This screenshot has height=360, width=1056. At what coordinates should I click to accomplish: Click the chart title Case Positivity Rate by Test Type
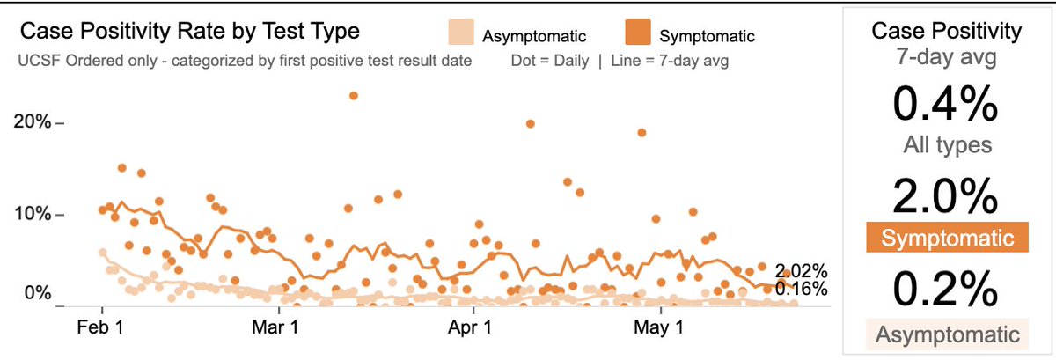tap(189, 33)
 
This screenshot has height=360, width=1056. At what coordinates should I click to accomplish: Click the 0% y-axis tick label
tap(39, 294)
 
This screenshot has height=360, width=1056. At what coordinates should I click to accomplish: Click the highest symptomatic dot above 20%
tap(354, 95)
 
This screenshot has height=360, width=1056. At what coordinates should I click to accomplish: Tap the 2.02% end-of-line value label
tap(801, 270)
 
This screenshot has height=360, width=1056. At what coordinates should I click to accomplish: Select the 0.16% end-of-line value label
tap(801, 288)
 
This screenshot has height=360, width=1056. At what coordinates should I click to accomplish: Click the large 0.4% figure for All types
tap(946, 106)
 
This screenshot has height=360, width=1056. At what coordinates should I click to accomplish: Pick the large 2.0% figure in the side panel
tap(946, 197)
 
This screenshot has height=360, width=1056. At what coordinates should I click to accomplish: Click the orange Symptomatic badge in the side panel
tap(946, 239)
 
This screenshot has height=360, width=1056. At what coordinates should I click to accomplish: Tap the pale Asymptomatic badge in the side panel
tap(946, 334)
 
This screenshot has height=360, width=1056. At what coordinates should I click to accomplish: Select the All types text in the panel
tap(946, 145)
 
